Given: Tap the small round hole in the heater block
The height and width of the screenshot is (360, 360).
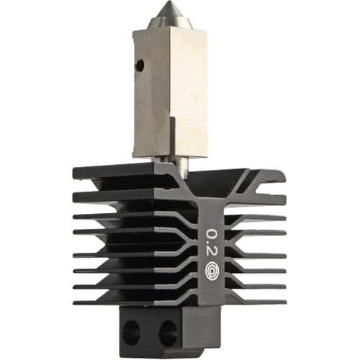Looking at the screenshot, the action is pos(140,64).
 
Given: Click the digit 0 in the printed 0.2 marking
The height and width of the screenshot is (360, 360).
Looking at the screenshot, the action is pos(212,233).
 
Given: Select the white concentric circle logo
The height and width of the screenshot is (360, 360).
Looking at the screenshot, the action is pos(212,272).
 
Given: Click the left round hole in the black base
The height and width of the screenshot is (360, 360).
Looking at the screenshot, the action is pos(130,330).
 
